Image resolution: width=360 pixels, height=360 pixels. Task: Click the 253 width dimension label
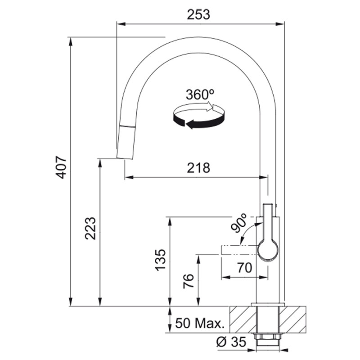(x=198, y=14)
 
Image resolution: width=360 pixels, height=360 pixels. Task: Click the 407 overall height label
(x=61, y=167)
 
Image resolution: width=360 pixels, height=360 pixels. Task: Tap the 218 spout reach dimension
(x=198, y=167)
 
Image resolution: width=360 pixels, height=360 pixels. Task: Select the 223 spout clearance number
(x=90, y=228)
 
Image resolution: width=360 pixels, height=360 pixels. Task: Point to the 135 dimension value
(x=161, y=260)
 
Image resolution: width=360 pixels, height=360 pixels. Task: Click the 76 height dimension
(x=189, y=281)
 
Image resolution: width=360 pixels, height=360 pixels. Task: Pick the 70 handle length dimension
(x=244, y=268)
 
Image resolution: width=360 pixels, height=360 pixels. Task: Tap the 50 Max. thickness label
(x=199, y=323)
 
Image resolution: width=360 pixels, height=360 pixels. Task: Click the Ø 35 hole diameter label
(x=231, y=342)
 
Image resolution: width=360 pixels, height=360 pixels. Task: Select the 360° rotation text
(x=200, y=94)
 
